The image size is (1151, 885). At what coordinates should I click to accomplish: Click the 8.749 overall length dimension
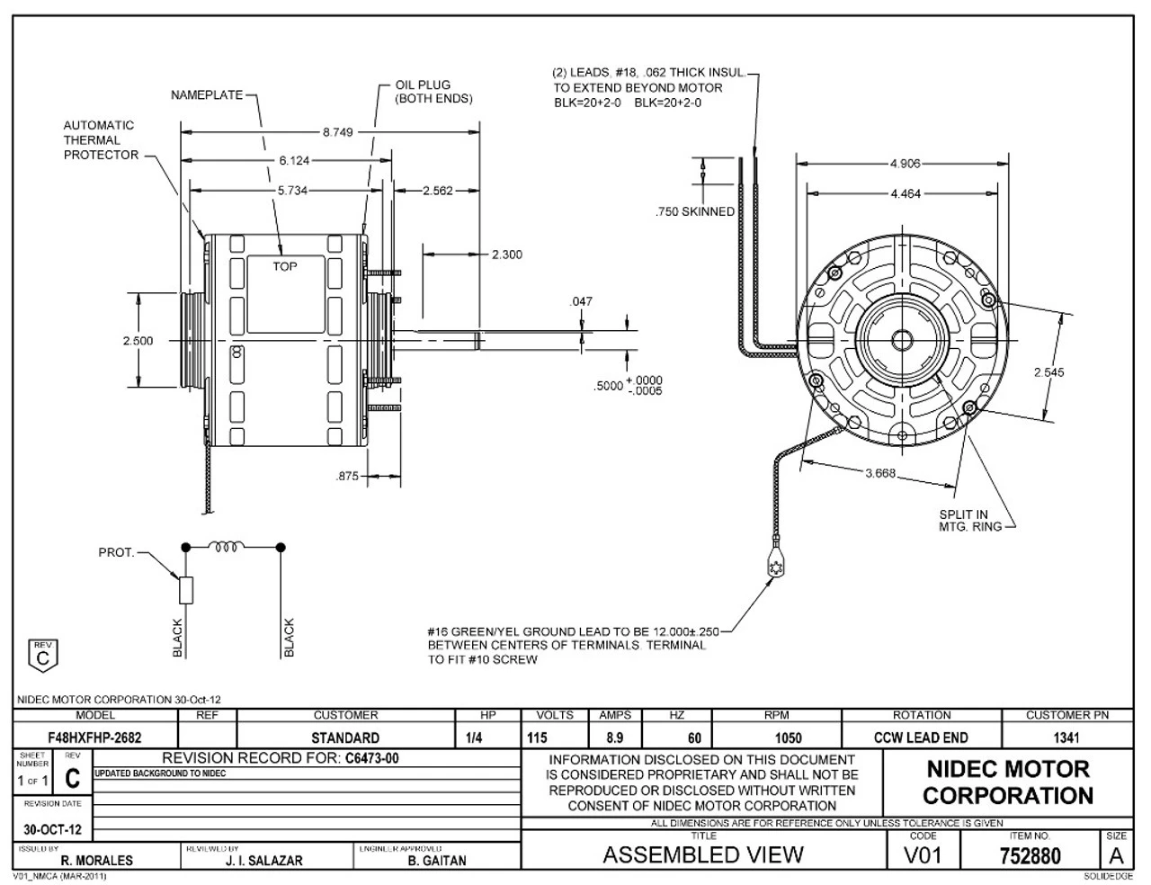[x=337, y=132]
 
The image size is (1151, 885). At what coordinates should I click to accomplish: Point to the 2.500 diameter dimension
[x=138, y=341]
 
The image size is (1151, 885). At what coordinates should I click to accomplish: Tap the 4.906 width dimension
[x=905, y=164]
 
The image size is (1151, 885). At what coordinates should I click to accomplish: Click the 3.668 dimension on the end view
[x=880, y=474]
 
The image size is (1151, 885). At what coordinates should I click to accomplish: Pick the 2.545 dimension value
[x=1048, y=371]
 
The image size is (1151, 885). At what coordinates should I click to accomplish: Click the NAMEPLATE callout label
[x=207, y=95]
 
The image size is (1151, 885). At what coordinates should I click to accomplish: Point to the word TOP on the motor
[x=285, y=266]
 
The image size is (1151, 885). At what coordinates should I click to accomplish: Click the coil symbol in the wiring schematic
[x=227, y=546]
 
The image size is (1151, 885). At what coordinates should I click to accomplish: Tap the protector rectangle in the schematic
[x=186, y=590]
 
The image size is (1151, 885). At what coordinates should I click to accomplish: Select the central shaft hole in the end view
[x=900, y=340]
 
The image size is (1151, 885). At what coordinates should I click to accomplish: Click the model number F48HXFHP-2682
[x=94, y=737]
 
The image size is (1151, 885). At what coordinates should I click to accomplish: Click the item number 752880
[x=1030, y=856]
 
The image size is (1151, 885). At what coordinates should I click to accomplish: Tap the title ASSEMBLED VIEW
[x=703, y=854]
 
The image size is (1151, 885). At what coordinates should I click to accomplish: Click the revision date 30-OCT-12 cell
[x=53, y=829]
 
